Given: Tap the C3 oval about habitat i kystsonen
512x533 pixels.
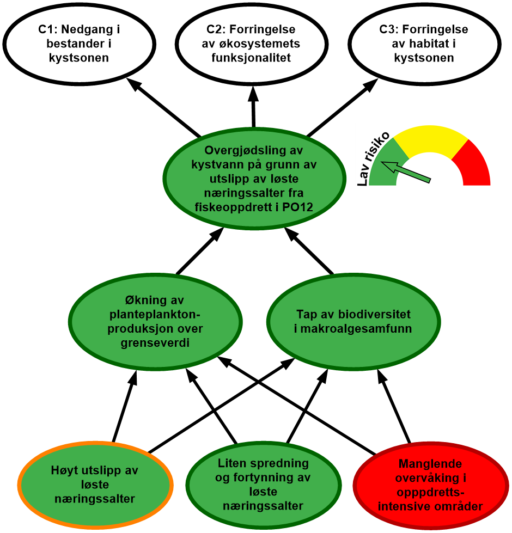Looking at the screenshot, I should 424,44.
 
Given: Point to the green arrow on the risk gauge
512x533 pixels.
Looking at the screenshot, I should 406,170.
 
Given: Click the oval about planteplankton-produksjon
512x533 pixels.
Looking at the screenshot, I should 156,322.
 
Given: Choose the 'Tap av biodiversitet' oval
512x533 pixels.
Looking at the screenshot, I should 353,322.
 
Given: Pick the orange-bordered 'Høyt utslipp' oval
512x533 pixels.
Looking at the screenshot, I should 95,485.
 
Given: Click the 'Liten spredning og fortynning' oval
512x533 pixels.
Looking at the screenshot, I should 263,485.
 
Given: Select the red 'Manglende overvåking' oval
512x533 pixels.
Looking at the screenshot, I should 430,485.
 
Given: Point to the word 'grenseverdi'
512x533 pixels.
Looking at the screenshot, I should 156,344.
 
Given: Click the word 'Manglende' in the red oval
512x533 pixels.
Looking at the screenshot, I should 430,464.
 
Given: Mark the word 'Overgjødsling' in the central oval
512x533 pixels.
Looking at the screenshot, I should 239,150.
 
